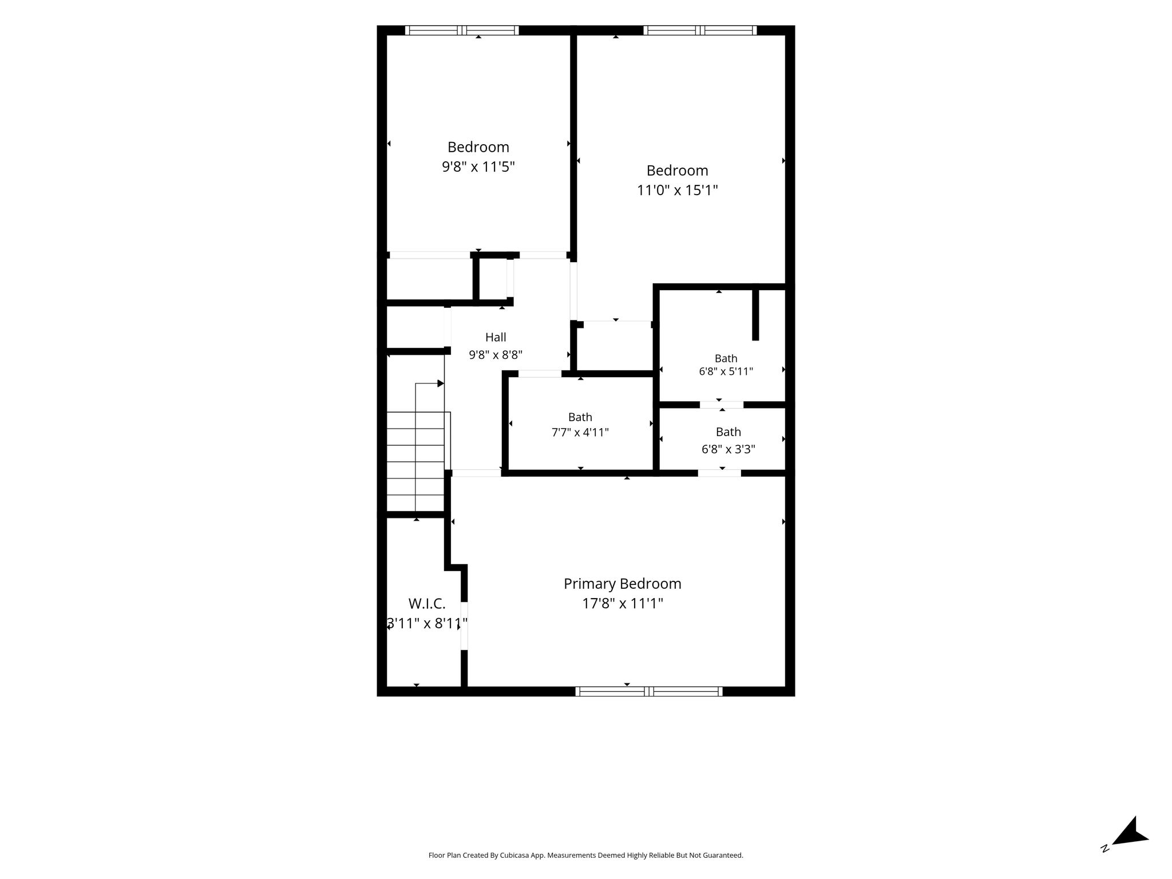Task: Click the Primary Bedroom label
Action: pyautogui.click(x=622, y=584)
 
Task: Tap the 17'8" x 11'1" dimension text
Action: pyautogui.click(x=623, y=603)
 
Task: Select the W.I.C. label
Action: pyautogui.click(x=427, y=603)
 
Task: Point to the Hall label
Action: pyautogui.click(x=496, y=337)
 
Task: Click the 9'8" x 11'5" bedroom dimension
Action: pyautogui.click(x=478, y=167)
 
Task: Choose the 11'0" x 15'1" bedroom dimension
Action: pyautogui.click(x=678, y=190)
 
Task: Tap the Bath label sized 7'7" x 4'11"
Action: pyautogui.click(x=580, y=417)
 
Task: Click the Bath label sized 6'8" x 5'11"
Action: pyautogui.click(x=726, y=358)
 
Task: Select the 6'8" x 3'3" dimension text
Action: pyautogui.click(x=728, y=449)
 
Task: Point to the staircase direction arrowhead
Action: pyautogui.click(x=441, y=383)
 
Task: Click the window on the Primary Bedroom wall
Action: pyautogui.click(x=649, y=691)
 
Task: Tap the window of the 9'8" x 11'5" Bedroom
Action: pyautogui.click(x=462, y=30)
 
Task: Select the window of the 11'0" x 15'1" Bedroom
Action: pyautogui.click(x=700, y=30)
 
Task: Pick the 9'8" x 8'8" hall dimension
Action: pyautogui.click(x=496, y=355)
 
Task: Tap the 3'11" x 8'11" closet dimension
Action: pyautogui.click(x=427, y=623)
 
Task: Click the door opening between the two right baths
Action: pyautogui.click(x=722, y=405)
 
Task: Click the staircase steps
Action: pyautogui.click(x=416, y=461)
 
